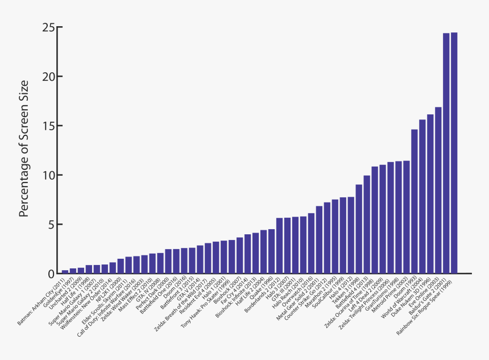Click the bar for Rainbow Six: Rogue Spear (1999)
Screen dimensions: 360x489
[454, 154]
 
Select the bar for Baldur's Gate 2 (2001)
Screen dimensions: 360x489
[446, 154]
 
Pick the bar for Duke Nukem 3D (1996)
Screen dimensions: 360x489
[430, 194]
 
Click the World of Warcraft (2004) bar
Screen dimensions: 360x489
[422, 197]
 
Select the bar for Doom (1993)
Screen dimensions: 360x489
[415, 202]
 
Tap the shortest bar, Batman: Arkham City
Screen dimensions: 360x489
[65, 271]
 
